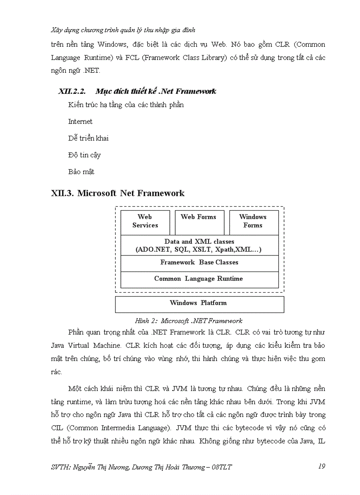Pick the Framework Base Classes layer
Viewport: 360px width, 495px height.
point(199,262)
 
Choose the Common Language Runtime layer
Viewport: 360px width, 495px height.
point(199,279)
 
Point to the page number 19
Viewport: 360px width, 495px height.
point(321,466)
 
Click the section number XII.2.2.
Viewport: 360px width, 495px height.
point(71,91)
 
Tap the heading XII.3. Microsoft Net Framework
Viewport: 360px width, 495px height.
point(118,193)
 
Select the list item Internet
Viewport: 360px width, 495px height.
point(80,121)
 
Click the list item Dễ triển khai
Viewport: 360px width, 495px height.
point(88,138)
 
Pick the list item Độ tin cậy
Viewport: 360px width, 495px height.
point(84,155)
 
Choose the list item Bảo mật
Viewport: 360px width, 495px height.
point(81,171)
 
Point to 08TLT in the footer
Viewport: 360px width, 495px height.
point(222,467)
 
